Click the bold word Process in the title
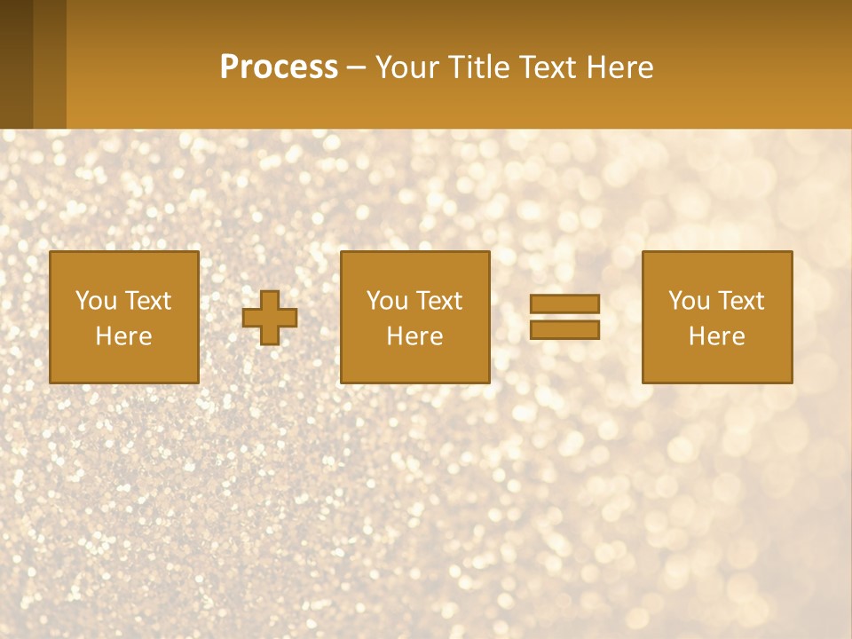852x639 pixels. click(279, 67)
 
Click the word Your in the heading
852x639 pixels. click(406, 67)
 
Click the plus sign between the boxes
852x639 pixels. click(271, 318)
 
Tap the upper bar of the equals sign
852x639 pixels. click(564, 304)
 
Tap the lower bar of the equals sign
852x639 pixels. click(564, 329)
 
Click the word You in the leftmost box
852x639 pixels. click(96, 301)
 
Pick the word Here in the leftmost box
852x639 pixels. click(124, 336)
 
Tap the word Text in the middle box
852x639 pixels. click(439, 301)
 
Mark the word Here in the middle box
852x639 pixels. click(415, 336)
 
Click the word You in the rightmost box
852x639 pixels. click(689, 301)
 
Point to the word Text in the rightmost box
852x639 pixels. click(741, 301)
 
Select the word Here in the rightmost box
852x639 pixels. click(717, 336)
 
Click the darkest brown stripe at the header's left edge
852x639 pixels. click(16, 64)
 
